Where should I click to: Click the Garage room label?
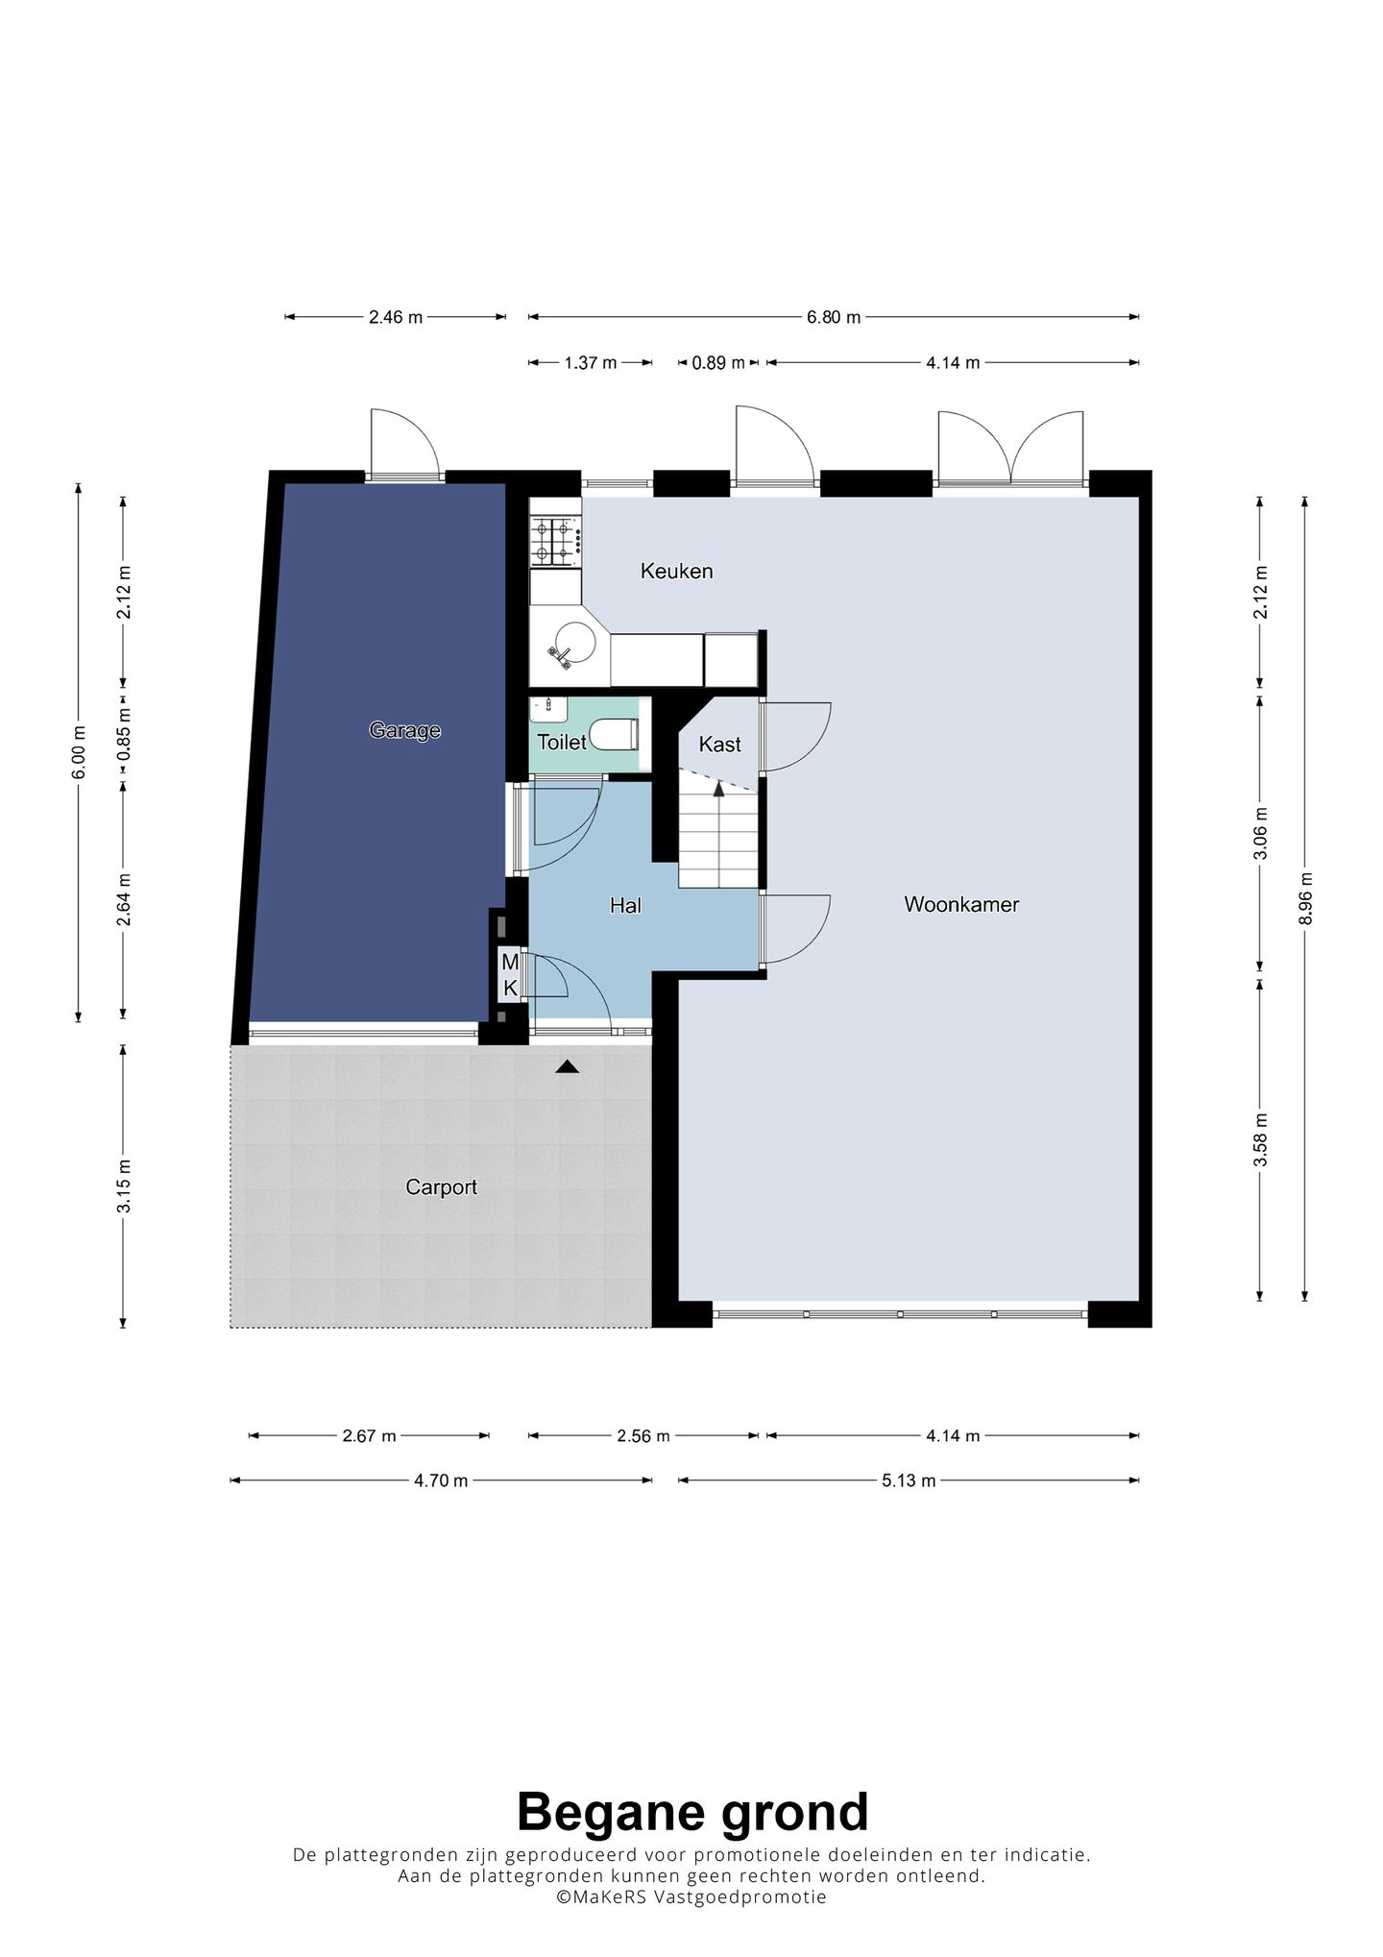pos(404,731)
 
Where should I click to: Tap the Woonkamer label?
pos(961,904)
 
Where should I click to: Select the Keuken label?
pos(677,572)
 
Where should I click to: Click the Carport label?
pos(441,1187)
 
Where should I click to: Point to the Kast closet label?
pos(719,745)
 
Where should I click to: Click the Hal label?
pos(625,905)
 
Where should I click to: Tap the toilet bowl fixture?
pos(614,735)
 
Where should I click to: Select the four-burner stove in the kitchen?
pos(555,540)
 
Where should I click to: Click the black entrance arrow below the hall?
pos(568,1065)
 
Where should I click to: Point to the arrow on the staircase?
pos(718,789)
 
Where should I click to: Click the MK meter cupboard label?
pos(510,974)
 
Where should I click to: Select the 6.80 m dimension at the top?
pos(834,317)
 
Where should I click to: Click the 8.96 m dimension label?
pos(1304,898)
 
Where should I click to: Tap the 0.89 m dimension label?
pos(718,363)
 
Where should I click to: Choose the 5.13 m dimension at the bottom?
pos(909,1480)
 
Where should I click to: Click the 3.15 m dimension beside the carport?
pos(124,1186)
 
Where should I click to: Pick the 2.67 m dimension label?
pos(369,1436)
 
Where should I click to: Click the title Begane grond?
pos(692,1813)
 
